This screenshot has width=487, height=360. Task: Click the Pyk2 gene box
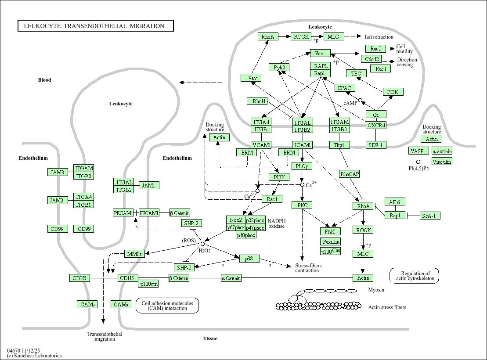(279, 67)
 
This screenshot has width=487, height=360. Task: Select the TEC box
(356, 73)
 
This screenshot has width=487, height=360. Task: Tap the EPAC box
(345, 88)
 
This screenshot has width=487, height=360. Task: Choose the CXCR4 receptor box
(376, 125)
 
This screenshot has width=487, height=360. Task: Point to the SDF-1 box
(376, 145)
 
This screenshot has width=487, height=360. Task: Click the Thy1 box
(339, 145)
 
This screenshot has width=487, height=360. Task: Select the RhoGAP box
(350, 174)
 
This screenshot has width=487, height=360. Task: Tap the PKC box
(302, 205)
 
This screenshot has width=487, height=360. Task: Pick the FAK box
(330, 231)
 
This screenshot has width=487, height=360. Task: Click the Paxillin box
(331, 241)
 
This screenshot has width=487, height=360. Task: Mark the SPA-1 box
(430, 216)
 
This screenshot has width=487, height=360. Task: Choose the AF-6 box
(395, 202)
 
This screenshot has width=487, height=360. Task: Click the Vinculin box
(442, 162)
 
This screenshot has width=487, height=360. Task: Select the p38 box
(249, 259)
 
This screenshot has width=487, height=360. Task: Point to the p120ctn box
(148, 284)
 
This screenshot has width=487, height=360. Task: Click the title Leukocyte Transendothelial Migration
(95, 26)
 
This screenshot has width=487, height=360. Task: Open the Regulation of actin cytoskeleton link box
(414, 275)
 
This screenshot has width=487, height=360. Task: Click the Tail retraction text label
(379, 37)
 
